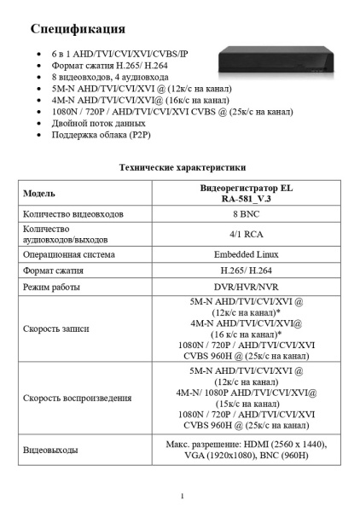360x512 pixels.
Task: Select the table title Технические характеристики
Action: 182,167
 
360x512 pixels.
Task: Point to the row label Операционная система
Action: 69,254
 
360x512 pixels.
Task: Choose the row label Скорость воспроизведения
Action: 76,399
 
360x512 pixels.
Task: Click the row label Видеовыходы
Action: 51,450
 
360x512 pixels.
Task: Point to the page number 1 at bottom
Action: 182,496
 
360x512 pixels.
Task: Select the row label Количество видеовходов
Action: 73,214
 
